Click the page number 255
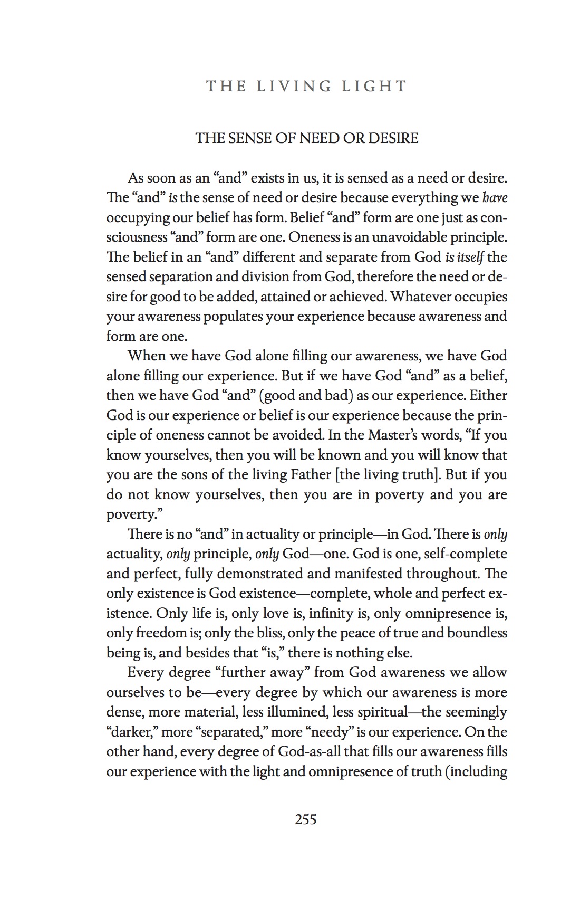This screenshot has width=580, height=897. click(x=306, y=819)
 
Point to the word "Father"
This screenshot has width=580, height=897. click(x=311, y=474)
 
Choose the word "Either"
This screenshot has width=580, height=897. click(x=488, y=395)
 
